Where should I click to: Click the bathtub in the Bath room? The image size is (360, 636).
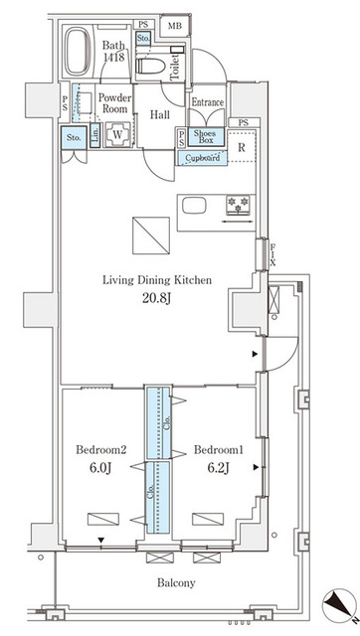tap(79, 51)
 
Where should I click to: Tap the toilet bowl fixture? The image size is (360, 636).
tap(151, 66)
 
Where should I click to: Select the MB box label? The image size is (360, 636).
tap(174, 26)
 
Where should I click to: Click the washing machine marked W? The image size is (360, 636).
tap(117, 134)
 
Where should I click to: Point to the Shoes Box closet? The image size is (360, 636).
tap(206, 137)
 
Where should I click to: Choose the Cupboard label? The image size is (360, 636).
tap(202, 157)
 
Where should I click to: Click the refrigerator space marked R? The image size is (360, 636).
tap(241, 147)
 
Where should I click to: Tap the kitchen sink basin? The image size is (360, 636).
tap(194, 206)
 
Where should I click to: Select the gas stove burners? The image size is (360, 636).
tap(239, 204)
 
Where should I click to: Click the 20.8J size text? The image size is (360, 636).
tap(156, 300)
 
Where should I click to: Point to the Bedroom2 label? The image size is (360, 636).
tap(101, 450)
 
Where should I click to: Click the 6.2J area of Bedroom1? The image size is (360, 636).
tap(219, 468)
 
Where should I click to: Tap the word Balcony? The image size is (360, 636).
tap(176, 583)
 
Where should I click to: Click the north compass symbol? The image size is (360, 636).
tap(339, 606)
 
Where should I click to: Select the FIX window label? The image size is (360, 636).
tap(272, 254)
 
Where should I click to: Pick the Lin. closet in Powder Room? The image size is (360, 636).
tap(94, 135)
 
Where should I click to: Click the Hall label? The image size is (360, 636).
tap(160, 115)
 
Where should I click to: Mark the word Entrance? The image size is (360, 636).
tap(208, 102)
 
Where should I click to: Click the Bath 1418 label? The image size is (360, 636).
tap(114, 51)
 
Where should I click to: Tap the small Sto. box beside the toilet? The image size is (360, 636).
tap(143, 38)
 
